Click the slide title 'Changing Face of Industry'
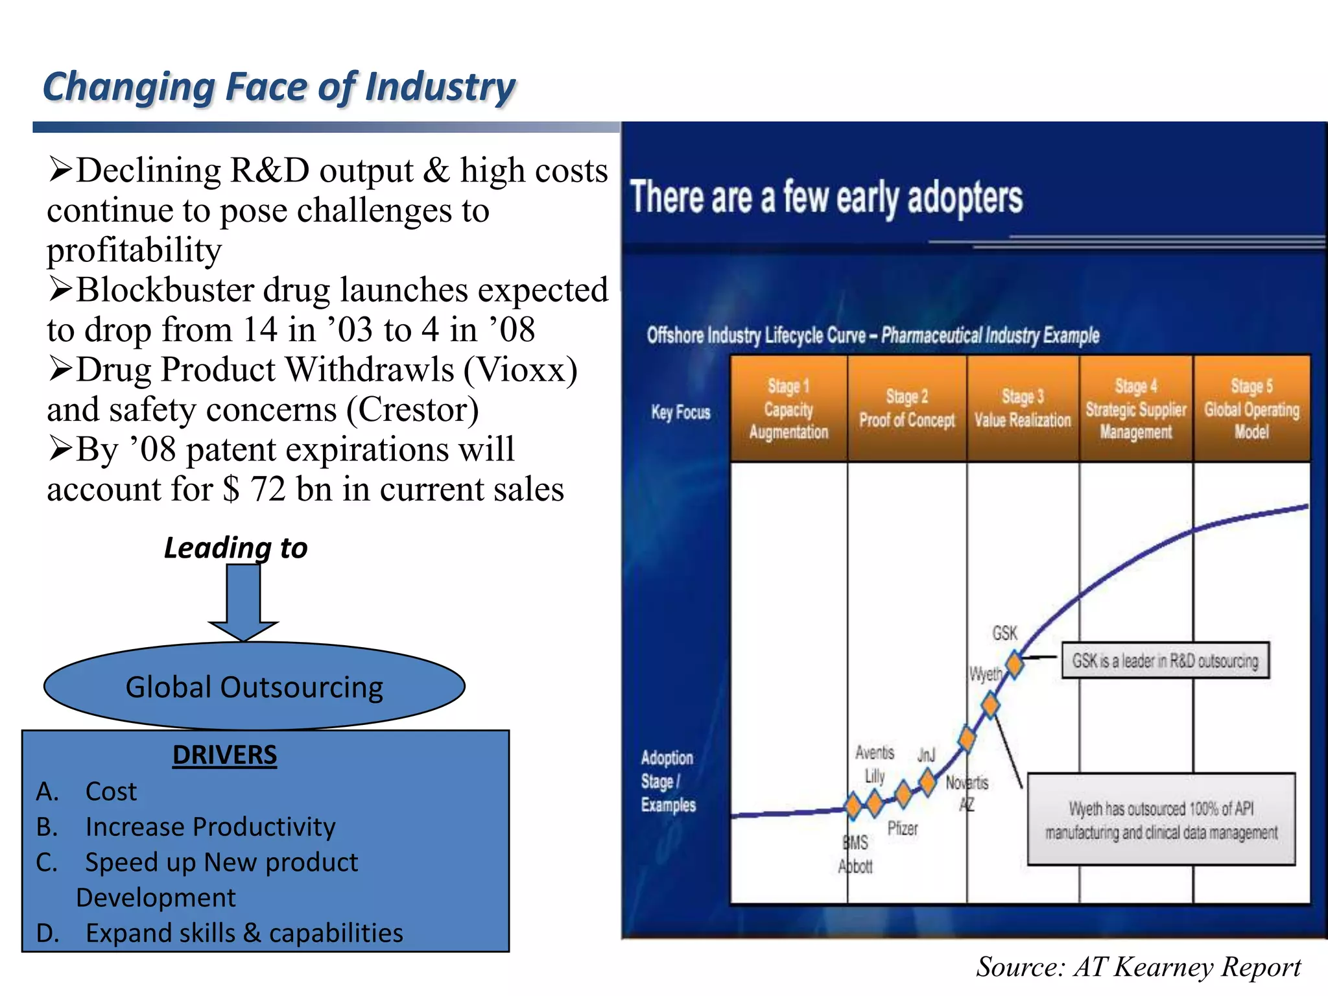[x=279, y=87]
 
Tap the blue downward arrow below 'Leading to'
[x=243, y=600]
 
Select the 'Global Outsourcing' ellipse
[x=254, y=687]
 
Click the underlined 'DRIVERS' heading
[x=224, y=755]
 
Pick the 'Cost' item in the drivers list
[x=111, y=791]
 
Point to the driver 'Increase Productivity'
[x=210, y=827]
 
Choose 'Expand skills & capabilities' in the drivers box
[x=244, y=933]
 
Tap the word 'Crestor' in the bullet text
[x=412, y=410]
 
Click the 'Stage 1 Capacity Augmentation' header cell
[x=788, y=409]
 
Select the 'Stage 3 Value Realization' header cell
[x=1023, y=409]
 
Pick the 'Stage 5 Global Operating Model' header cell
[x=1251, y=409]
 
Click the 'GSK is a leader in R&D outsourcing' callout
[x=1165, y=661]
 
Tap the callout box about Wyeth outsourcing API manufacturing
[x=1161, y=820]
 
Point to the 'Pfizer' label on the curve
[x=903, y=828]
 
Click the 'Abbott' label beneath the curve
[x=855, y=866]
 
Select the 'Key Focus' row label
[x=681, y=412]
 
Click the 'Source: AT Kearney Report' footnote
[x=1138, y=967]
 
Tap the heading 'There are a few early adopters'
[x=826, y=197]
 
